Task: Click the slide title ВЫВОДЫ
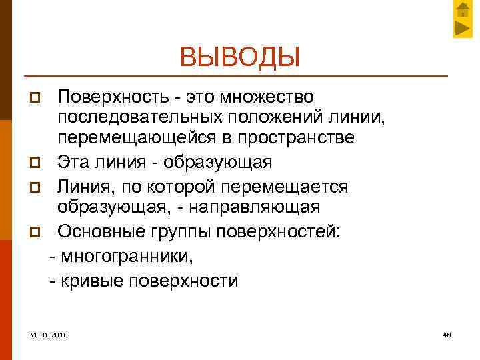tap(239, 57)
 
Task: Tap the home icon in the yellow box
tap(463, 9)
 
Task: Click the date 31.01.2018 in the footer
tap(49, 333)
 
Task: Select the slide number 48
tap(447, 333)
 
